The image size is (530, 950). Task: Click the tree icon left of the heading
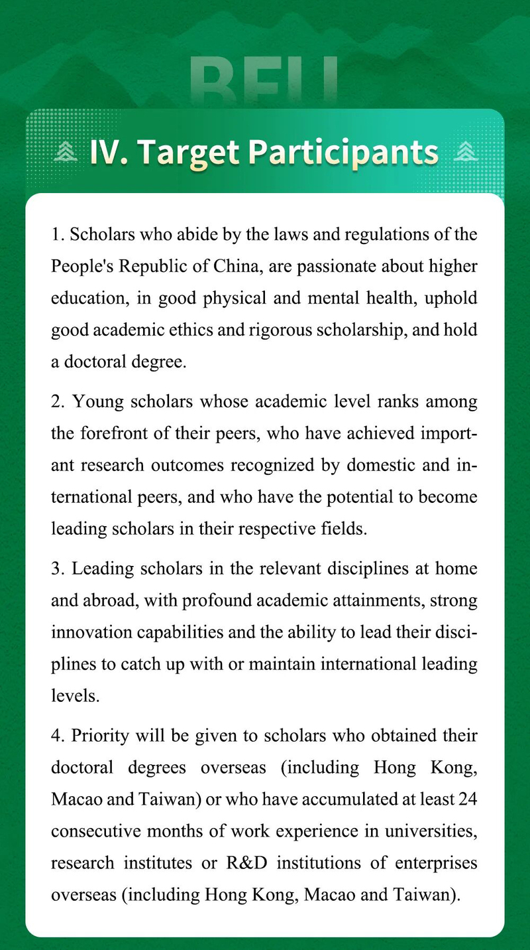pos(66,153)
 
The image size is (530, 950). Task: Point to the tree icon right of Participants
pos(466,153)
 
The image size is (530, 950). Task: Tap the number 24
pos(466,800)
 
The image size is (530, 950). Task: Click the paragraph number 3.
pos(55,569)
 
